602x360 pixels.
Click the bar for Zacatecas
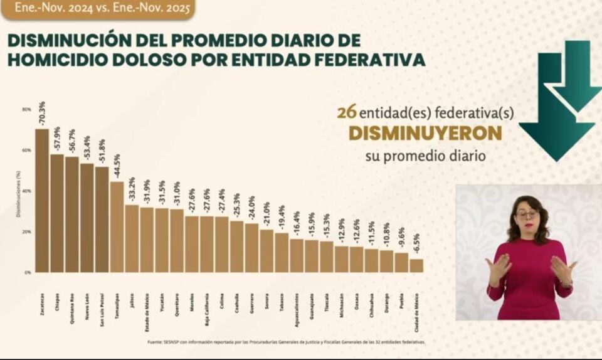tap(42, 201)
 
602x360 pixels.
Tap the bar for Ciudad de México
tap(416, 265)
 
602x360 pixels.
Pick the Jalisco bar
tap(132, 238)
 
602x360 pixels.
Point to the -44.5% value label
tap(117, 166)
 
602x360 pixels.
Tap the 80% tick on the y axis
tap(26, 109)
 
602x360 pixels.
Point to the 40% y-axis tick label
tap(26, 191)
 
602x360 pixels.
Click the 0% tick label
tap(28, 273)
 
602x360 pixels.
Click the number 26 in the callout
tap(347, 112)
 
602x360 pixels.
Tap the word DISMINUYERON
tap(425, 134)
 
